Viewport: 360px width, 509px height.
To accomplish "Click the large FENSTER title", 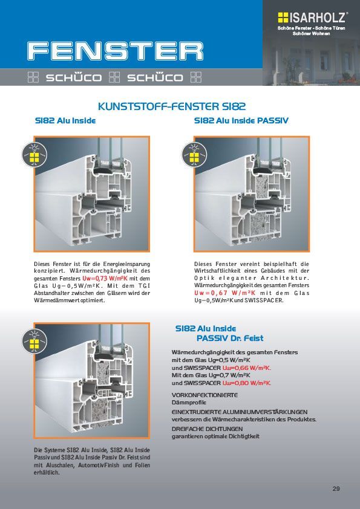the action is [x=116, y=51].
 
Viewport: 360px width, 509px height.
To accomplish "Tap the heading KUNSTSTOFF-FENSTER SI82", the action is [x=172, y=106].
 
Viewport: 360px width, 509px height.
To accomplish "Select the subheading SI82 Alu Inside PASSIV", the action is [x=241, y=121].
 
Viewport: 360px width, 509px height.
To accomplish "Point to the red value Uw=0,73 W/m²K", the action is [x=105, y=278].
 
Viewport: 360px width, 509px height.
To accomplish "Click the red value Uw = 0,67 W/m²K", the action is [x=225, y=293].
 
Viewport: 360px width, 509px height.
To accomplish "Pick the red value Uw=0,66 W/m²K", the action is [x=247, y=368].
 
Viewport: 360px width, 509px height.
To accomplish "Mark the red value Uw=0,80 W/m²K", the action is [x=247, y=383].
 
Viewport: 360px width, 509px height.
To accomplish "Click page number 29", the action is [x=336, y=488].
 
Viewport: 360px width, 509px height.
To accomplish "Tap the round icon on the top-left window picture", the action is [x=34, y=155].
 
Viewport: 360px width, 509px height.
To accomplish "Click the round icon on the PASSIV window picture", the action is [x=194, y=155].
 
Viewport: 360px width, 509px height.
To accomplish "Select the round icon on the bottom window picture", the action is [x=34, y=341].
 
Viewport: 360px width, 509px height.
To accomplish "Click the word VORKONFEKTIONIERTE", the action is [x=205, y=395].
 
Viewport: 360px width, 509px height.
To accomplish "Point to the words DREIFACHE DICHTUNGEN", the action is [x=208, y=429].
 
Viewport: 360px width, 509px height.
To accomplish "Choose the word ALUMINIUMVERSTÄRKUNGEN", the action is [x=265, y=412].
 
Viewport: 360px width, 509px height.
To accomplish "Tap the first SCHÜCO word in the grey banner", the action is [x=74, y=77].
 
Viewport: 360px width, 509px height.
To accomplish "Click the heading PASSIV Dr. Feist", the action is [x=230, y=339].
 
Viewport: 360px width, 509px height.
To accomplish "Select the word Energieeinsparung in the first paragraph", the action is [x=126, y=264].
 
